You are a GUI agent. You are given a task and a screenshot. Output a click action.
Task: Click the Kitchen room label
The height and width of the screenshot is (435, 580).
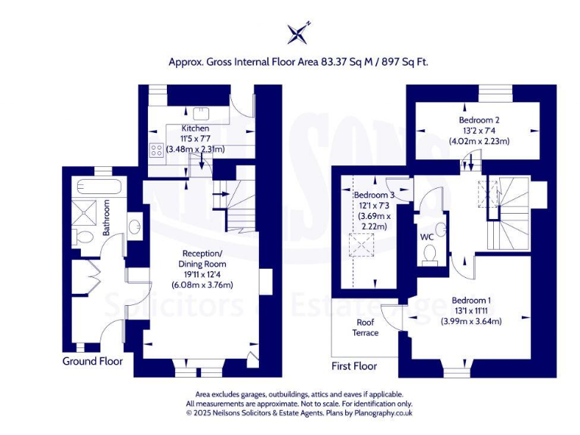(x=195, y=128)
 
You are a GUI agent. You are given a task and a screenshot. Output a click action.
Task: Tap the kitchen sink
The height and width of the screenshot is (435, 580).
(x=201, y=114)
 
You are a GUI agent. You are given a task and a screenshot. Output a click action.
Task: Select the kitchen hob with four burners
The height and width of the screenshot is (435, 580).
(x=157, y=150)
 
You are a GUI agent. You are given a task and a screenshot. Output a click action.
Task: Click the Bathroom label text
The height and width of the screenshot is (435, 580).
(x=106, y=217)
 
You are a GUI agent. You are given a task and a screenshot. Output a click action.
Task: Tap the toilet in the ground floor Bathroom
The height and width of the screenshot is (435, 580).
(x=85, y=237)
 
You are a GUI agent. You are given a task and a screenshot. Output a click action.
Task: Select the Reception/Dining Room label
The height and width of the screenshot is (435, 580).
(x=202, y=259)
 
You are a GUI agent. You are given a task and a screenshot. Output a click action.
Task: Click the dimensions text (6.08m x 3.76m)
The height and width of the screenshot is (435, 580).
(x=202, y=285)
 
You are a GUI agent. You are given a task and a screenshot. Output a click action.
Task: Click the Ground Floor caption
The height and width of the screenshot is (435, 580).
(x=92, y=362)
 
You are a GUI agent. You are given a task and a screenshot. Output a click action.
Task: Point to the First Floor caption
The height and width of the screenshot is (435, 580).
(x=353, y=366)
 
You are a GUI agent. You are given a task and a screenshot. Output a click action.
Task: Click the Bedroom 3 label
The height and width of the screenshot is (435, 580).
(x=374, y=195)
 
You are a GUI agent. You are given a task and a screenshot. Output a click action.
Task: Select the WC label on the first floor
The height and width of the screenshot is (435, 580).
(x=427, y=237)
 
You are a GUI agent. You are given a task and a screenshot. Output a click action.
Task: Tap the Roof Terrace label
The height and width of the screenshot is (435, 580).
(x=366, y=327)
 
